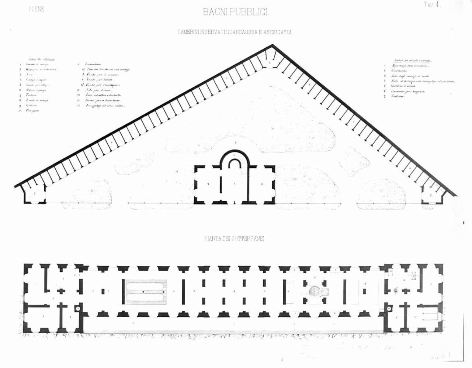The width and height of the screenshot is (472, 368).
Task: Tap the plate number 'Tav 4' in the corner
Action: click(x=432, y=5)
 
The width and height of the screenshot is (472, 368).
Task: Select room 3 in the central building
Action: click(x=262, y=183)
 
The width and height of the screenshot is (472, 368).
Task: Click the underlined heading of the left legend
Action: click(x=42, y=59)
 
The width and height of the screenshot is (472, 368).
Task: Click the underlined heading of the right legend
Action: click(x=413, y=61)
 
